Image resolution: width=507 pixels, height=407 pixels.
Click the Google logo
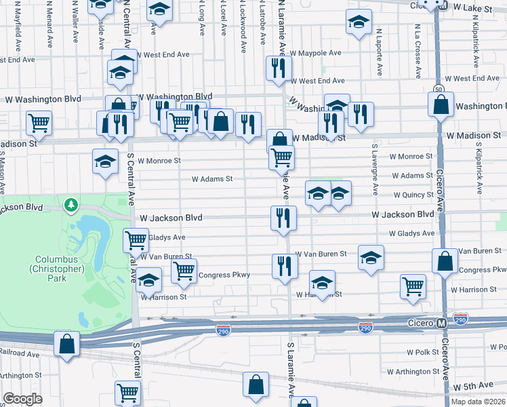coord(22,400)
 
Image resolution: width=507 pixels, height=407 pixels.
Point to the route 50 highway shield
coord(439,89)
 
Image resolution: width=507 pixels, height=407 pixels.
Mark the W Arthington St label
coord(413,372)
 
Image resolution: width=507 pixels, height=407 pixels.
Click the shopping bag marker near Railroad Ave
coord(66,343)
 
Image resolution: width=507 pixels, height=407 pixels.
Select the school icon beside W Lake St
coord(359,22)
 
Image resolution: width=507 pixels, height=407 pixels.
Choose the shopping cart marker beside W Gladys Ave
coord(136,239)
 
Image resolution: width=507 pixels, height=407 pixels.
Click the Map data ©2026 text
coord(478,402)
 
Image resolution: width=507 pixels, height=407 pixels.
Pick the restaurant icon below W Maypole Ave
coord(279,68)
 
